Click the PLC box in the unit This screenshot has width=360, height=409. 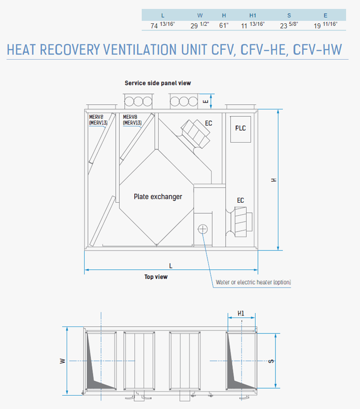click(x=241, y=129)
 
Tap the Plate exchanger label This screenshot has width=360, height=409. click(x=158, y=197)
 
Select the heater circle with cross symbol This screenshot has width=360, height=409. click(x=203, y=229)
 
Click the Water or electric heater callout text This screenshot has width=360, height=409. click(x=253, y=282)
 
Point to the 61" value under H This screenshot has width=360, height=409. click(x=224, y=25)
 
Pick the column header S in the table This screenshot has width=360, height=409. click(x=289, y=15)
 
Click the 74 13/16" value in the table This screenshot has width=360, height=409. click(x=163, y=25)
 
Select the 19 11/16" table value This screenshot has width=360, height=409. click(x=326, y=25)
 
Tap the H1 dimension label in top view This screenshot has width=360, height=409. click(x=241, y=313)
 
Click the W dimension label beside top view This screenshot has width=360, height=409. click(x=62, y=361)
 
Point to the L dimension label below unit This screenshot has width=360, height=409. click(x=171, y=266)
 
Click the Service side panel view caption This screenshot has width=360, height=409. click(x=158, y=83)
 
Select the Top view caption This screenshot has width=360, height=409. click(x=156, y=277)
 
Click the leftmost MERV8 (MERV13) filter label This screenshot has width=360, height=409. click(x=98, y=120)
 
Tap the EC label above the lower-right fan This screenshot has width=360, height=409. click(x=241, y=200)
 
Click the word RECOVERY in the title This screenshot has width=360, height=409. click(x=70, y=50)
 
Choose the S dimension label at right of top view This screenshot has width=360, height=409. click(x=271, y=361)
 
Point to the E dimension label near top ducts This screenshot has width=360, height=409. click(x=206, y=101)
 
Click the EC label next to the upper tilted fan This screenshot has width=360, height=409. click(x=208, y=123)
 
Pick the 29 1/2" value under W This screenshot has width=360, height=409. click(x=200, y=25)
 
